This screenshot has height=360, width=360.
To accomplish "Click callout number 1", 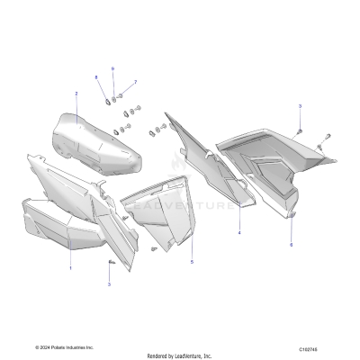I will (71, 267).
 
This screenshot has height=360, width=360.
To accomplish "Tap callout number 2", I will (76, 94).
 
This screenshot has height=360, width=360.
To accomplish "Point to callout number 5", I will (192, 262).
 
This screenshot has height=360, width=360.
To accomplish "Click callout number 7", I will (136, 82).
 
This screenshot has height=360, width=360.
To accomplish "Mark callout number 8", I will (97, 78).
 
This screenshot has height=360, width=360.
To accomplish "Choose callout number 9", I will (113, 69).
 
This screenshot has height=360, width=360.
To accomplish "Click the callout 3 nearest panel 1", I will (109, 283).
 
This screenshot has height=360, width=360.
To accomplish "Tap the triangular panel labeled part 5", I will (162, 216).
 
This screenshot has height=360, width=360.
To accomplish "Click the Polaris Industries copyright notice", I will (65, 346).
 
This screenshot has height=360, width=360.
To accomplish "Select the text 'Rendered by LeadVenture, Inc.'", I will (180, 355).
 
